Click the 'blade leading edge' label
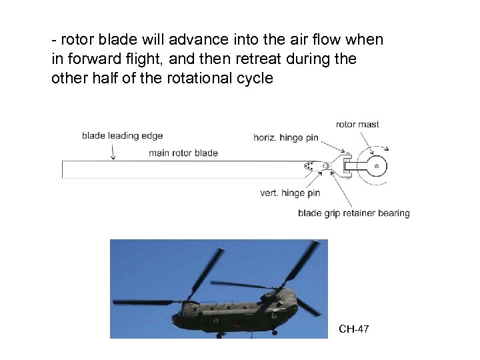[122, 136]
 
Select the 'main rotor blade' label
[183, 153]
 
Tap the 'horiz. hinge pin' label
[285, 138]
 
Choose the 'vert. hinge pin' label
[290, 193]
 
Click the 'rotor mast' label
[357, 125]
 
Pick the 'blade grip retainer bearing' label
[353, 213]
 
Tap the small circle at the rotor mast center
[377, 165]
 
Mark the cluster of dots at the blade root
[309, 165]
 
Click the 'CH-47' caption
[354, 329]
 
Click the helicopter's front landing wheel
[219, 335]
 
